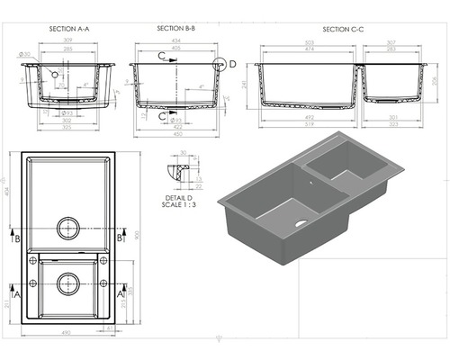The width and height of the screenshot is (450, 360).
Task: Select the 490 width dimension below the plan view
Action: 66,332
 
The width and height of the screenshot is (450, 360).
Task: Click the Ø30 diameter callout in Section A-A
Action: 24,56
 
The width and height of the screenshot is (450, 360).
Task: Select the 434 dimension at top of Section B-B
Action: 175,41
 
